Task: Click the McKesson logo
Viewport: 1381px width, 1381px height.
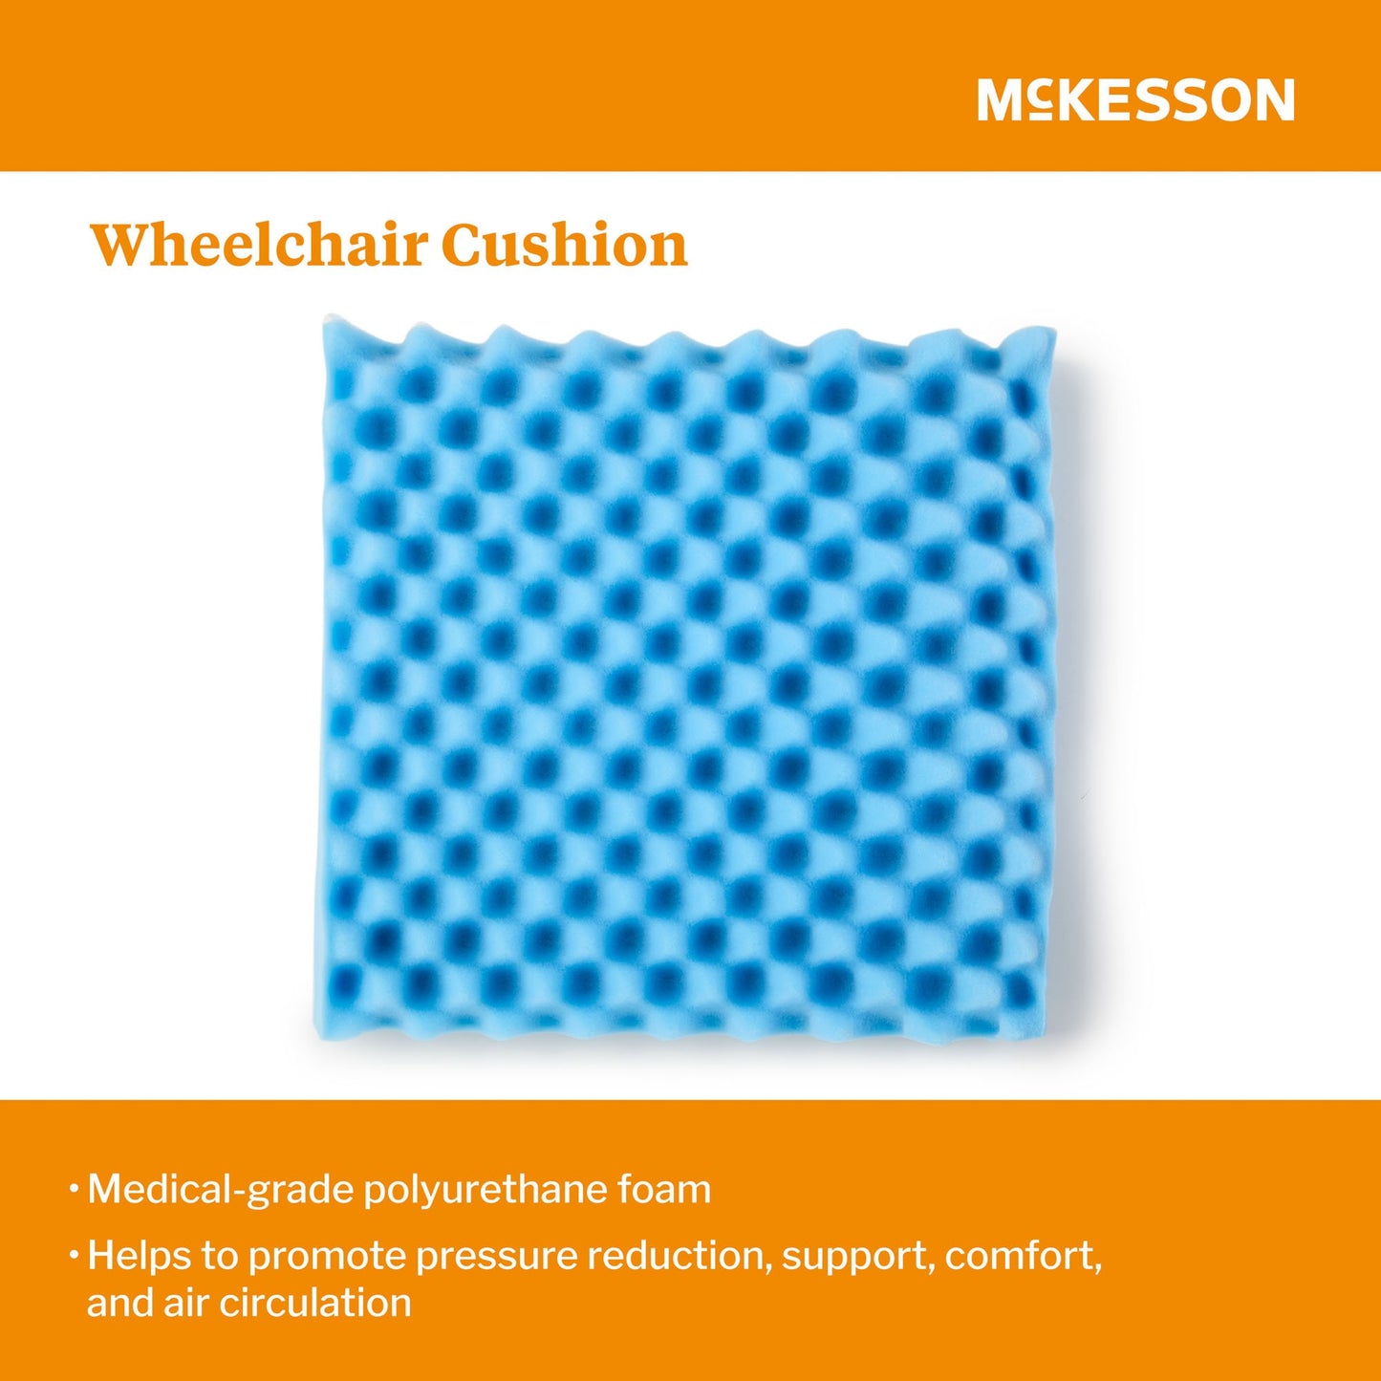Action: pos(1135,100)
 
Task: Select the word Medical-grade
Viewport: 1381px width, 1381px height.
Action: pos(221,1191)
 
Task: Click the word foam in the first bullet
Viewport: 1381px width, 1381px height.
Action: pos(664,1190)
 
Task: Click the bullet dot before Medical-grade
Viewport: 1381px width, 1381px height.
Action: pos(74,1190)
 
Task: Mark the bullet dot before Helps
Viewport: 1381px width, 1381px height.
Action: pos(74,1254)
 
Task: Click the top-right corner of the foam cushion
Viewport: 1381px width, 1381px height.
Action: pos(1053,332)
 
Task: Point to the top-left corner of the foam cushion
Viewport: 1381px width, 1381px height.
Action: pos(327,322)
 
